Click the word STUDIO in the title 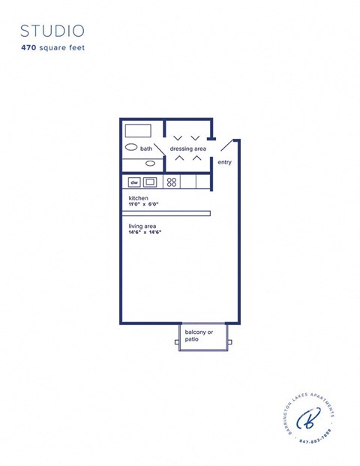point(52,31)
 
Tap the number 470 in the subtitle point(30,47)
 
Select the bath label point(145,149)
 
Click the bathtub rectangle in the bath point(138,130)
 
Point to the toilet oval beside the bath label point(130,148)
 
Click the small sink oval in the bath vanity point(150,163)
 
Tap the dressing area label point(187,149)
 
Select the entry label point(224,162)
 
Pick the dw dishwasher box point(134,182)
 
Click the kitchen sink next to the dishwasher point(150,182)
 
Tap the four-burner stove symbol point(171,182)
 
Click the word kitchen point(138,198)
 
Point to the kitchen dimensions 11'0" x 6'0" point(145,204)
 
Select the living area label point(142,226)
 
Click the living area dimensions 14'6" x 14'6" point(145,232)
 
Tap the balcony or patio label point(199,335)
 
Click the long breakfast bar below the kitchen point(166,213)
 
